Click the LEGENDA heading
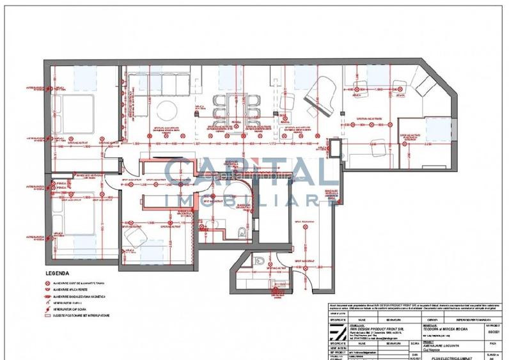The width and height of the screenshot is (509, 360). pos(56,272)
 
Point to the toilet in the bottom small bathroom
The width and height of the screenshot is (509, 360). pos(258,261)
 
